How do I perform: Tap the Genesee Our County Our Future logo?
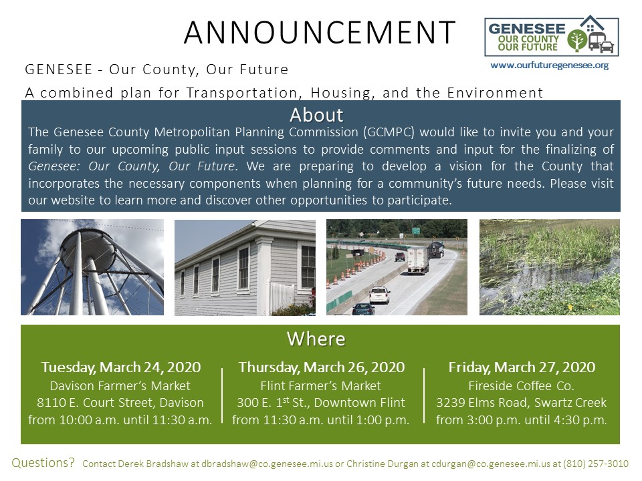pyautogui.click(x=551, y=37)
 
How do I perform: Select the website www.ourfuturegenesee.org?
pyautogui.click(x=549, y=65)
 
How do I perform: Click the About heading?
pyautogui.click(x=316, y=114)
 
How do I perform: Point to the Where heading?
pyautogui.click(x=316, y=339)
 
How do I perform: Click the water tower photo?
pyautogui.click(x=92, y=267)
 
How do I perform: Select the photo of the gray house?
pyautogui.click(x=245, y=267)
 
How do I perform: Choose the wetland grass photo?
pyautogui.click(x=549, y=267)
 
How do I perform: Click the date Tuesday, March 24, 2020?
pyautogui.click(x=121, y=367)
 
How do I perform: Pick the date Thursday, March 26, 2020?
pyautogui.click(x=321, y=367)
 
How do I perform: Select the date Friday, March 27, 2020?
pyautogui.click(x=522, y=367)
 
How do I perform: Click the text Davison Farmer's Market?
pyautogui.click(x=120, y=385)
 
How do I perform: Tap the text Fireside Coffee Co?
pyautogui.click(x=522, y=385)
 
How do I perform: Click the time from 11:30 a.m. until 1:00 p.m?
pyautogui.click(x=321, y=420)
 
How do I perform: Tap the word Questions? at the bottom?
pyautogui.click(x=44, y=462)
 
